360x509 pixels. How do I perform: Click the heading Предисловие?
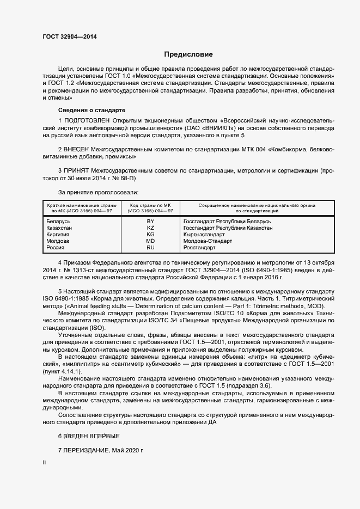click(x=188, y=54)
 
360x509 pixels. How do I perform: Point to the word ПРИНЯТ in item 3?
click(x=77, y=170)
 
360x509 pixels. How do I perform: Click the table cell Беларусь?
click(x=59, y=222)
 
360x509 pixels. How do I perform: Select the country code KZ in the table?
click(x=151, y=228)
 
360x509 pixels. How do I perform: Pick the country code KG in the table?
click(x=151, y=235)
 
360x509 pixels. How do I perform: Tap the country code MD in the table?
click(x=151, y=241)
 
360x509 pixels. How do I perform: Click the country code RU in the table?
click(x=151, y=248)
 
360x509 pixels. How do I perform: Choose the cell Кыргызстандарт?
click(x=204, y=235)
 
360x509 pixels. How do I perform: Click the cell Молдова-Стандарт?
click(x=208, y=241)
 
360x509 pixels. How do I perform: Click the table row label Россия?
click(x=56, y=248)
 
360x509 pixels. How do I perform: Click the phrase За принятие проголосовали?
click(x=98, y=192)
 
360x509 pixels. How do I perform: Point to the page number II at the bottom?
click(x=44, y=462)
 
